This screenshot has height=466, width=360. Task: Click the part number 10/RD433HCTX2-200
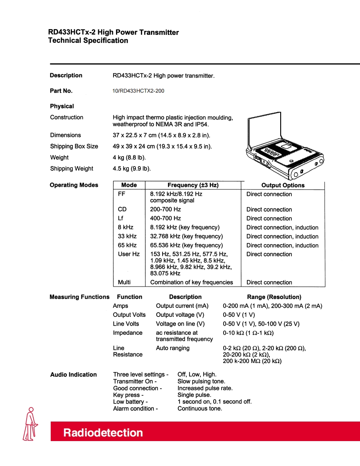(x=138, y=91)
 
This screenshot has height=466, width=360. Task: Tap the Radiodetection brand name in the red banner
(x=103, y=433)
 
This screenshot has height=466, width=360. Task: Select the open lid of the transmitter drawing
(x=264, y=127)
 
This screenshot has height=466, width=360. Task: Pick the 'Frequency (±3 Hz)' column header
(x=193, y=185)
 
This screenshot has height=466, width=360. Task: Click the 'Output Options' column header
(x=283, y=186)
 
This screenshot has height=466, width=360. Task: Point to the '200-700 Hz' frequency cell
(x=165, y=210)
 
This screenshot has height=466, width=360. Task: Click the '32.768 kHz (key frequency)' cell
(x=186, y=236)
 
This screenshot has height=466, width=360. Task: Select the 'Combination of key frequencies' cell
(x=191, y=282)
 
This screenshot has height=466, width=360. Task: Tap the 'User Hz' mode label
(x=129, y=254)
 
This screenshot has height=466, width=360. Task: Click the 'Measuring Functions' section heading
(x=79, y=297)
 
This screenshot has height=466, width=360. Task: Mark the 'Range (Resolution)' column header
(x=274, y=297)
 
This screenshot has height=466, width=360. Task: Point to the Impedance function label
(x=127, y=333)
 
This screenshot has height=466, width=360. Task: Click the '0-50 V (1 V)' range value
(x=239, y=315)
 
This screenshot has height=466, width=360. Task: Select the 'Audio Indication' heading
(x=74, y=375)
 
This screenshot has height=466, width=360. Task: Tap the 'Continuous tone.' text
(x=200, y=409)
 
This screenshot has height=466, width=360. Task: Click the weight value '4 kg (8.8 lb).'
(x=129, y=158)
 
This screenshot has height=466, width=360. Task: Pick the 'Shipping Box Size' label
(x=74, y=146)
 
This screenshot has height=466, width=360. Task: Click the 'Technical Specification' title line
(x=88, y=41)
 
